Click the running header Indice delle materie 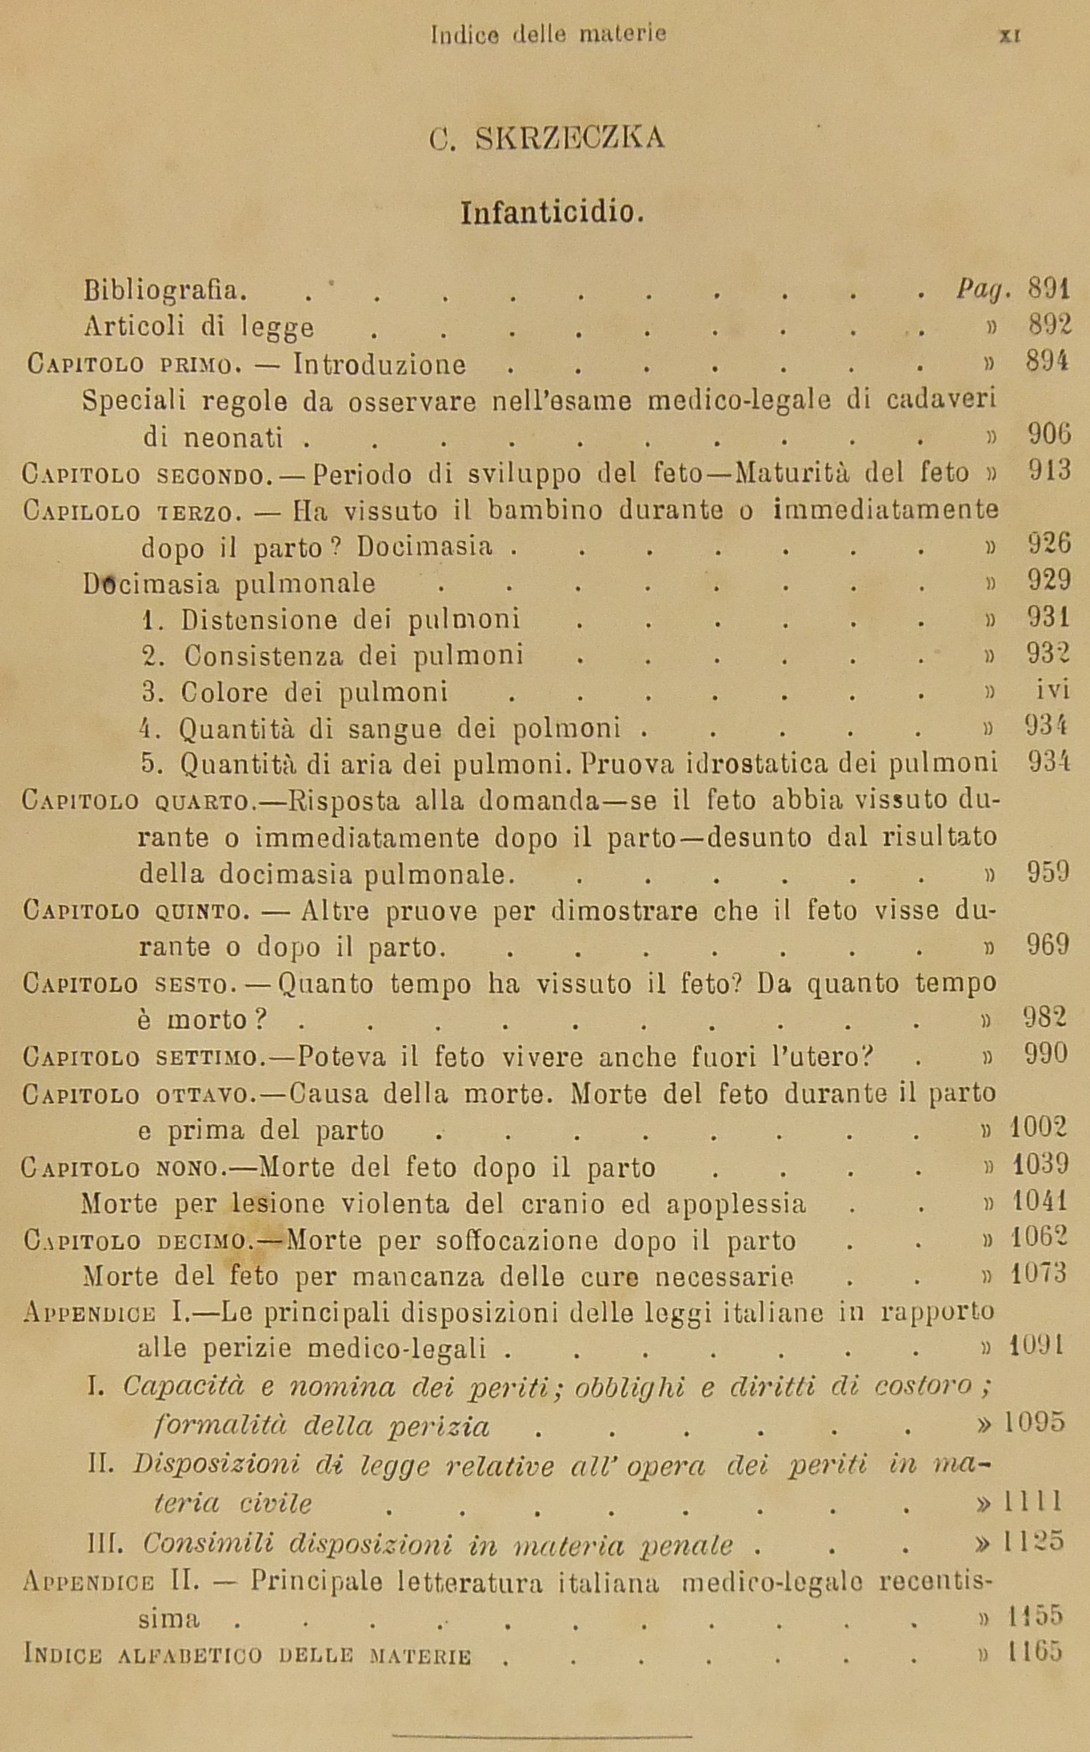(548, 34)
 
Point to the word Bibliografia (166, 290)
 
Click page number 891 (1049, 290)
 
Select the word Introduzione (379, 364)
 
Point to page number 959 (1047, 872)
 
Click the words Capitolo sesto (126, 985)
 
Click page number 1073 (1038, 1273)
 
